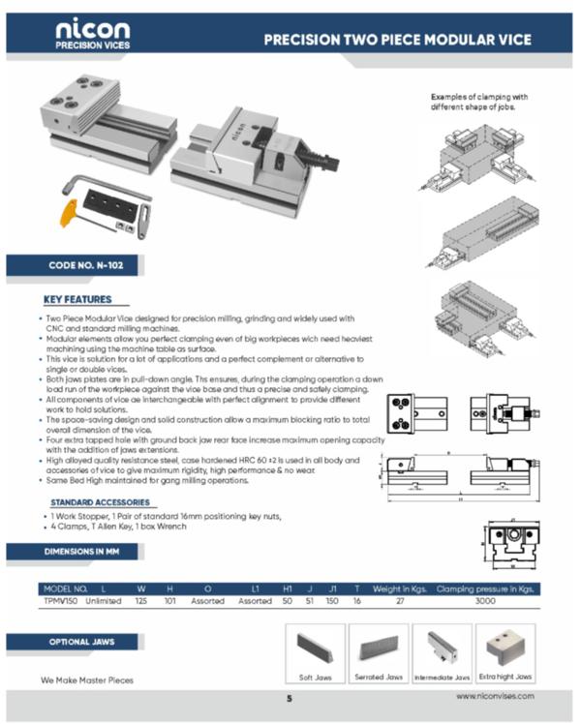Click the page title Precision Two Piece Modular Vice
pyautogui.click(x=397, y=40)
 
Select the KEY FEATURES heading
pyautogui.click(x=78, y=299)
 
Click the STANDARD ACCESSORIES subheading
pyautogui.click(x=100, y=502)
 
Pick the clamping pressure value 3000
pyautogui.click(x=484, y=600)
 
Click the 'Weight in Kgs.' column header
pyautogui.click(x=398, y=588)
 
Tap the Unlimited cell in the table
pyautogui.click(x=104, y=600)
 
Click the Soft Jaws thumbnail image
pyautogui.click(x=316, y=646)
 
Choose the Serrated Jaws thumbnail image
pyautogui.click(x=379, y=646)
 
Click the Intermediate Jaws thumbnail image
pyautogui.click(x=442, y=646)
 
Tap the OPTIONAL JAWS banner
pyautogui.click(x=80, y=642)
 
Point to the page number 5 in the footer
pyautogui.click(x=289, y=698)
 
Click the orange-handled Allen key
pyautogui.click(x=69, y=212)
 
